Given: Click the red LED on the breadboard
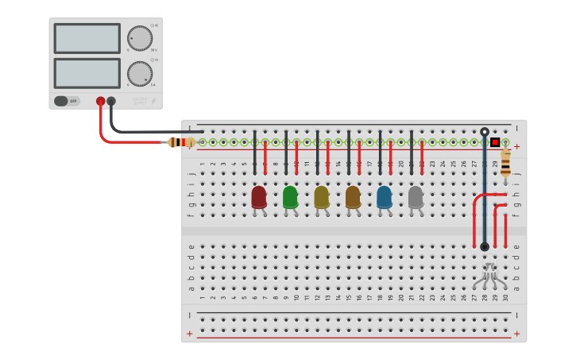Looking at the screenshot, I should [x=259, y=196].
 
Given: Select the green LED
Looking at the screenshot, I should [x=290, y=196].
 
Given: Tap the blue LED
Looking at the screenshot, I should [x=385, y=196].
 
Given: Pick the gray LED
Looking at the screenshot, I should [x=416, y=196].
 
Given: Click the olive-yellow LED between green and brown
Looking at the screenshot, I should [x=322, y=196].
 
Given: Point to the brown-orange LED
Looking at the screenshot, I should [x=353, y=196].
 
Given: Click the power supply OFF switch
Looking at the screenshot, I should [x=67, y=101].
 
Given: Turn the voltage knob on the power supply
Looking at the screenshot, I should [x=140, y=38].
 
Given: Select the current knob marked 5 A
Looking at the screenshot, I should [x=140, y=74].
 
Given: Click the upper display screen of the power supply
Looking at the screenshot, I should [x=87, y=38].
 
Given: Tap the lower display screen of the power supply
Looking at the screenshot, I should [x=87, y=73].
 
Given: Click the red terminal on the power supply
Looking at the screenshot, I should [x=100, y=101].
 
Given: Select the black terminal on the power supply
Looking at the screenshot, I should [x=111, y=101].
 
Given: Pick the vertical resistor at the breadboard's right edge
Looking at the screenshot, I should [x=505, y=163].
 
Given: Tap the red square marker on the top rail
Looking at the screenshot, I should [x=495, y=142].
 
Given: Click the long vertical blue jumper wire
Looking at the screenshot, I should [x=485, y=191].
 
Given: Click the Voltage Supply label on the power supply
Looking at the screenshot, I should [x=140, y=101].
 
